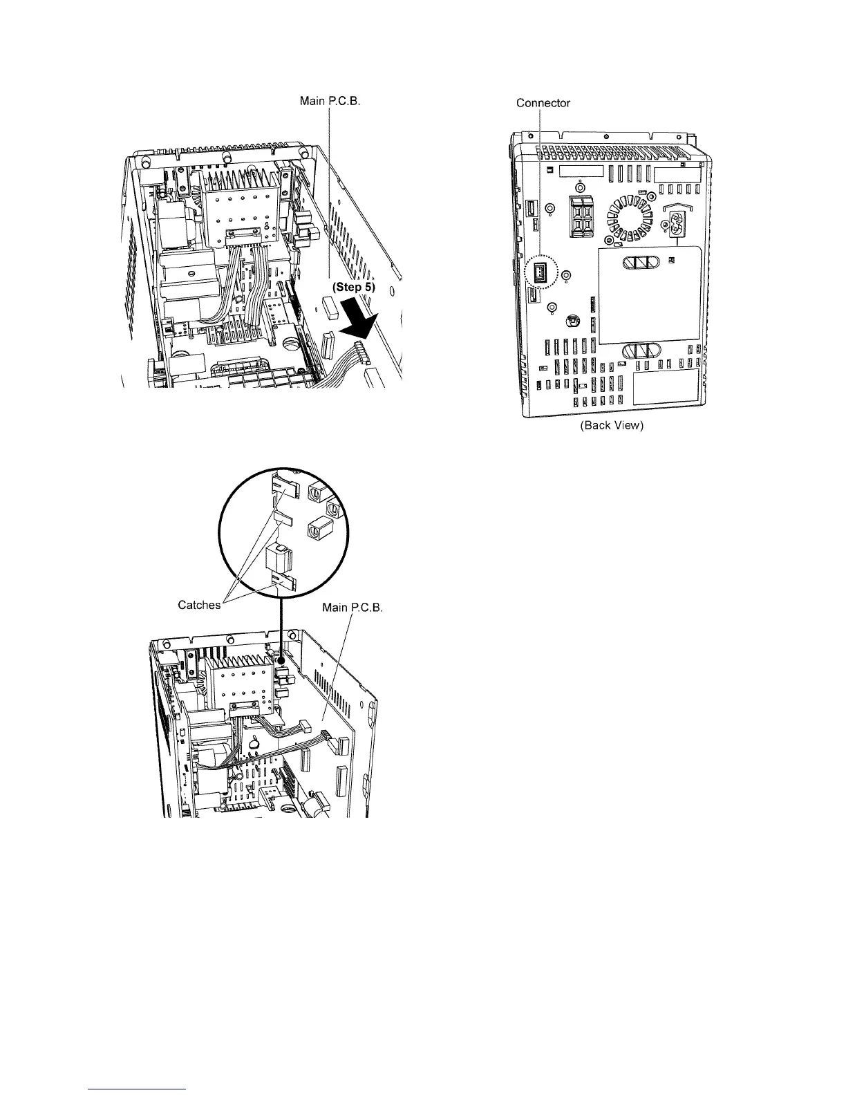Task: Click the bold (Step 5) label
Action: click(352, 288)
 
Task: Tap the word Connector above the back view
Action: click(543, 103)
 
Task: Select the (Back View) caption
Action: click(612, 426)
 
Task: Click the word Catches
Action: click(199, 605)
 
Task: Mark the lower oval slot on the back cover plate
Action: click(641, 350)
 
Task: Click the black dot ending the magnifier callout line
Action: click(281, 660)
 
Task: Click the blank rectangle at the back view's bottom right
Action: click(666, 387)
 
